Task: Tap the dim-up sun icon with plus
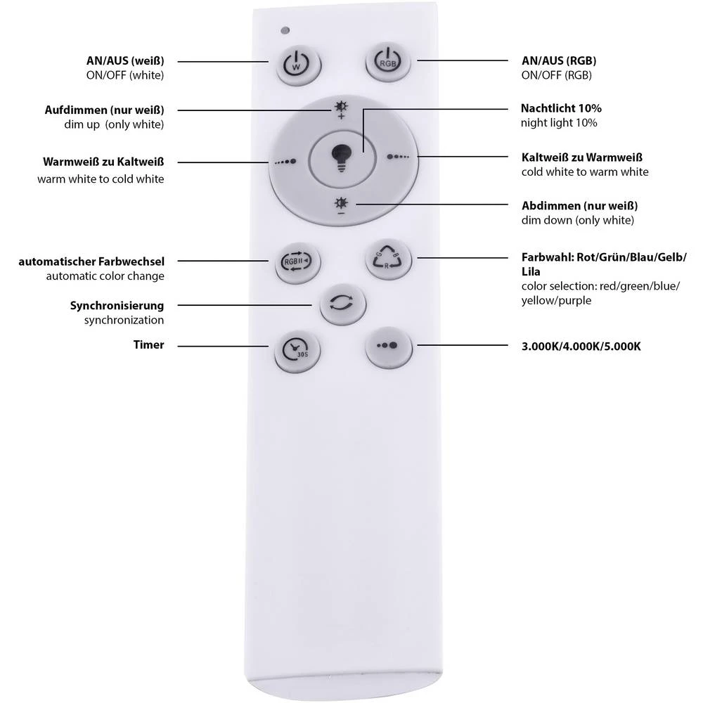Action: click(x=341, y=110)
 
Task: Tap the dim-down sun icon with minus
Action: click(x=341, y=205)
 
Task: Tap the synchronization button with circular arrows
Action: click(x=342, y=304)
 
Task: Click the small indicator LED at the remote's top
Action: click(x=285, y=31)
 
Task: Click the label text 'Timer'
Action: click(x=149, y=345)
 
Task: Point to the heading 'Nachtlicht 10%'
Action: click(x=561, y=109)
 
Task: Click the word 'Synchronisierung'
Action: click(x=117, y=306)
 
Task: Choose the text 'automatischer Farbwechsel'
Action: click(x=91, y=262)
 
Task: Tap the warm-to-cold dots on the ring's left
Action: click(x=285, y=161)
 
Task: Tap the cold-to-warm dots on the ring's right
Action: click(x=397, y=157)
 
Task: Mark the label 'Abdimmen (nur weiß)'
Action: click(x=580, y=206)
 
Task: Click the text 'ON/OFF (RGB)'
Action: click(x=556, y=75)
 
